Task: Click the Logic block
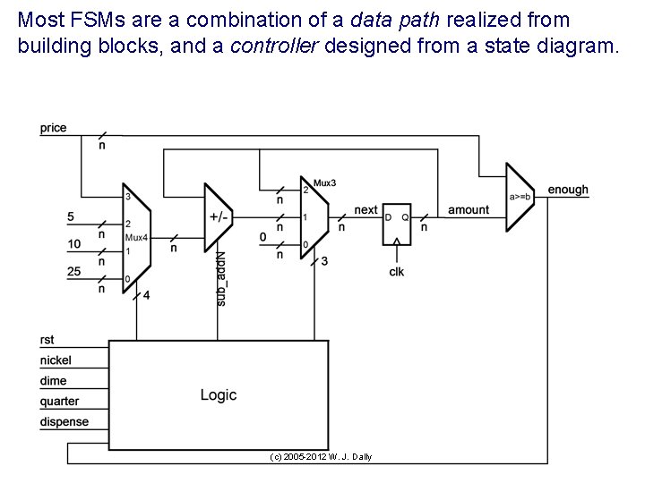(218, 394)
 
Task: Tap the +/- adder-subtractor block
(218, 217)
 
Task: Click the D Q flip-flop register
(395, 227)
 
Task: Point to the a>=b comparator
(520, 195)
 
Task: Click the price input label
(54, 128)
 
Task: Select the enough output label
(568, 190)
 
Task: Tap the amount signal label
(469, 210)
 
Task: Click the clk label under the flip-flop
(396, 271)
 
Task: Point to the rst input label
(47, 339)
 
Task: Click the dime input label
(53, 380)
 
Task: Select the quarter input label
(59, 401)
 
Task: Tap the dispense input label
(64, 421)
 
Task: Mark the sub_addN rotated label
(222, 279)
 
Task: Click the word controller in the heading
(264, 47)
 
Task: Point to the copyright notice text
(321, 457)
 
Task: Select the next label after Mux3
(365, 210)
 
